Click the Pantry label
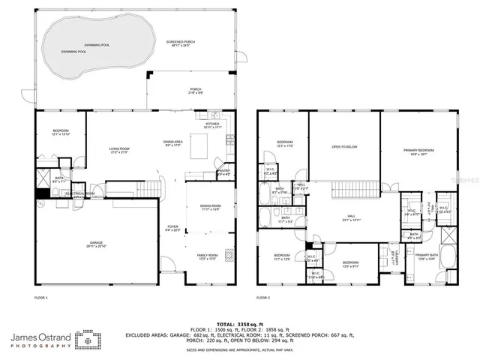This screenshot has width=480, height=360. [x=223, y=172]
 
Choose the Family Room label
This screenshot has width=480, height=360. [x=207, y=256]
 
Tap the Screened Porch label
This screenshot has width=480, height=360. [x=181, y=43]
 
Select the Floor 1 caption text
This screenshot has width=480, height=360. [x=41, y=298]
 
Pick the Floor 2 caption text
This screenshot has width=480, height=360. [x=262, y=298]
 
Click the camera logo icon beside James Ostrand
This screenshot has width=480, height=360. [x=88, y=340]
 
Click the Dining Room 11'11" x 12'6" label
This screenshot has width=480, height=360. [x=210, y=208]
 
